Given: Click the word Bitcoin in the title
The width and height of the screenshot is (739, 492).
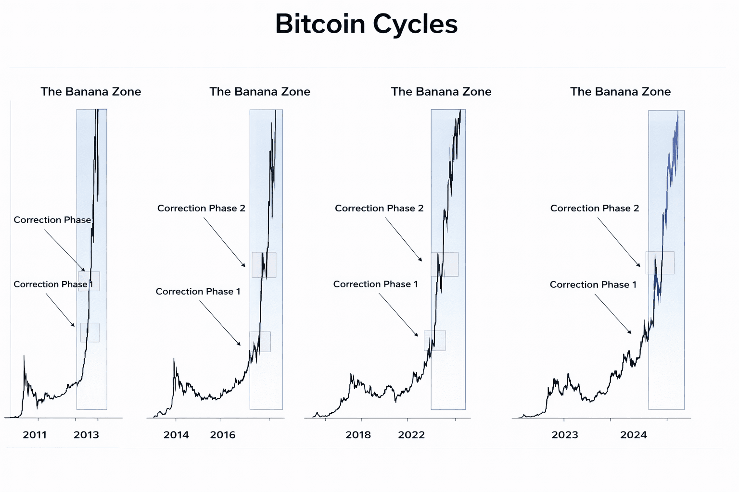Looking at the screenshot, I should (320, 24).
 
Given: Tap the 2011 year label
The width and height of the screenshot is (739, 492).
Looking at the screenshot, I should (35, 435).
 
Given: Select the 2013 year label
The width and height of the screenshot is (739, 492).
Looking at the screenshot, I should (86, 435).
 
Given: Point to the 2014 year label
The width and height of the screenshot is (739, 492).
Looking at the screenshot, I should (176, 435).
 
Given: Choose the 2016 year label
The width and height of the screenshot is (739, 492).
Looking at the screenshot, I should (223, 435).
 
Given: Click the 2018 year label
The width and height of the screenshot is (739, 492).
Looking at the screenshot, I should (358, 435).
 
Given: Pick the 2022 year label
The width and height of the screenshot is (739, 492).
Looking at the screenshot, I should (411, 435).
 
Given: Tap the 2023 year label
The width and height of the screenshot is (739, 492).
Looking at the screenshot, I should (565, 435).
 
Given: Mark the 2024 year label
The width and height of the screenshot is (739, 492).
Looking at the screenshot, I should (634, 435).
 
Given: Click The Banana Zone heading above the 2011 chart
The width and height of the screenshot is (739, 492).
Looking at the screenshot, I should (91, 92).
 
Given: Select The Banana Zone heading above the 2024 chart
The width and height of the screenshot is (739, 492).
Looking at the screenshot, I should (621, 92).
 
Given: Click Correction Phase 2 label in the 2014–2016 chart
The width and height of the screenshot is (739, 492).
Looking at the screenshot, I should (201, 208).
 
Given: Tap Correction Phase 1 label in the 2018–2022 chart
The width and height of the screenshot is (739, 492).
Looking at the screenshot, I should (376, 284).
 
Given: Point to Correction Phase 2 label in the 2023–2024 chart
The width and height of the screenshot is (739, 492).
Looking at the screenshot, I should (595, 208).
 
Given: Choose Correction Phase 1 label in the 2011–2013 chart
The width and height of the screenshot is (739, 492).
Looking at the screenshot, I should (53, 284).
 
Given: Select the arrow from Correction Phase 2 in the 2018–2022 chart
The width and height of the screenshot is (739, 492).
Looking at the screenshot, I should (404, 239).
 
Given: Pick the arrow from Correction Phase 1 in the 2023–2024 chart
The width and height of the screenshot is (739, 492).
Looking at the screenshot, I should (613, 313).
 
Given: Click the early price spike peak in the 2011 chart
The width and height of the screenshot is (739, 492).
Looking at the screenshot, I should (24, 357).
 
